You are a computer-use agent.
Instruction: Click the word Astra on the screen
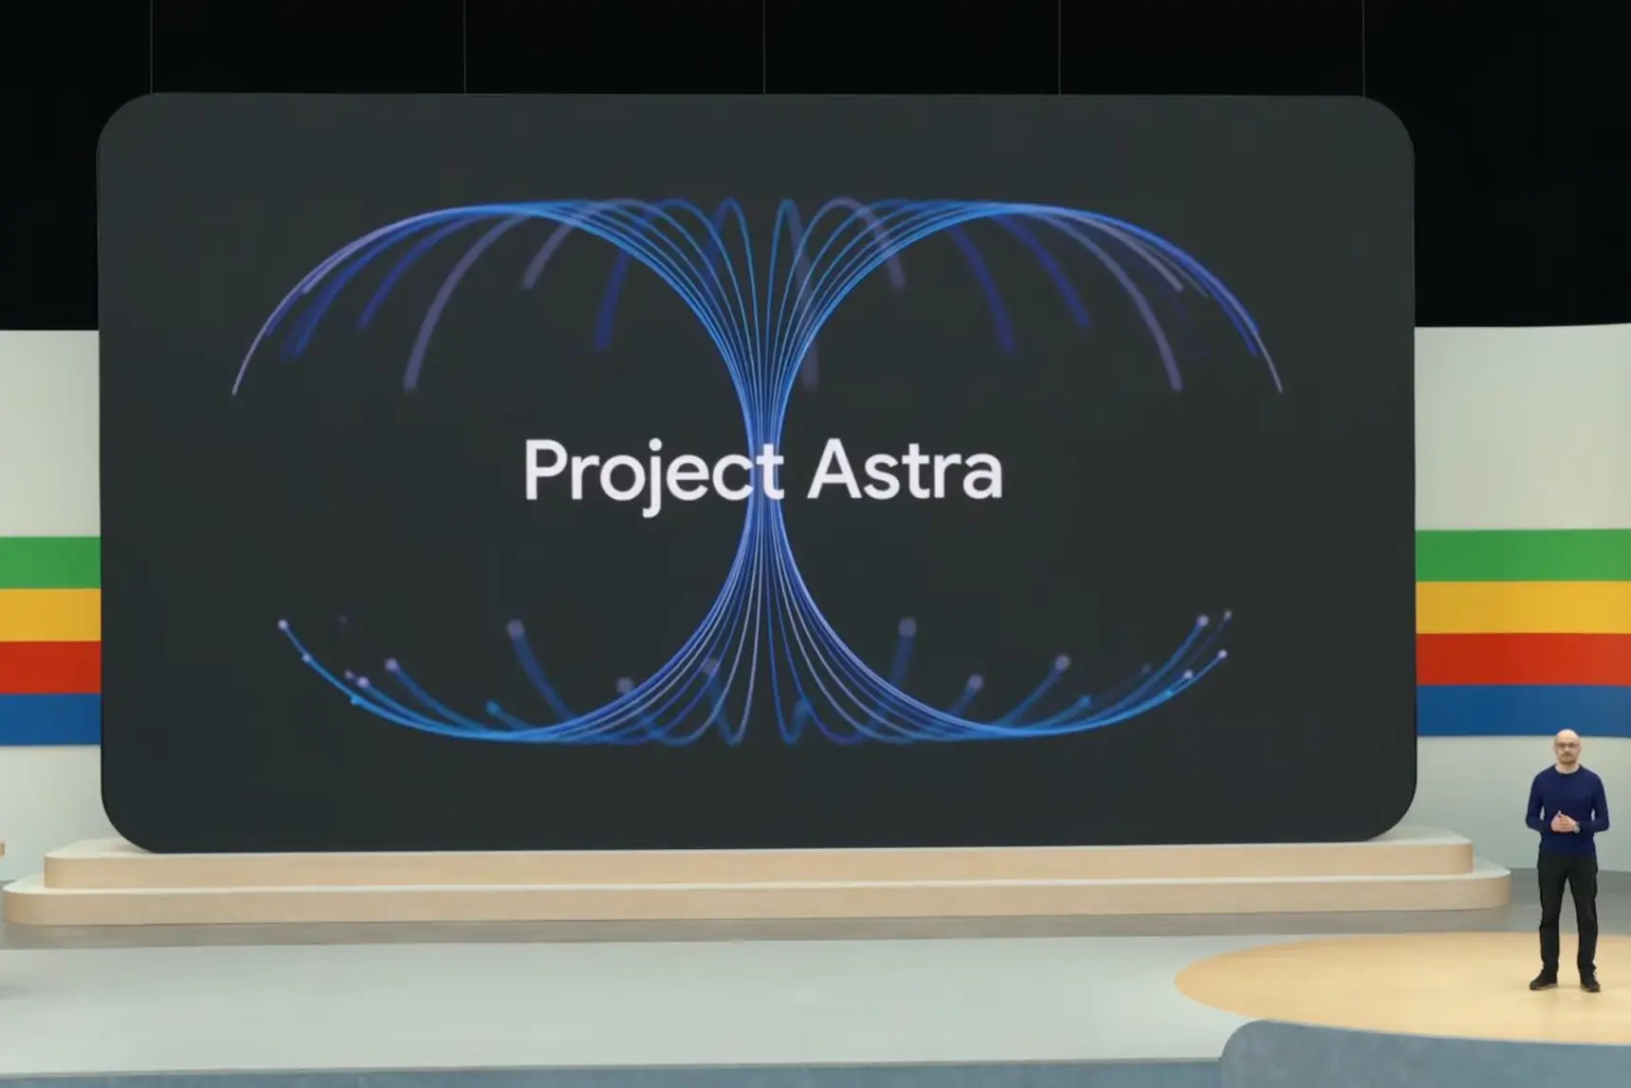click(x=905, y=470)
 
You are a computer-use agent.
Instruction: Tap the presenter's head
click(x=1566, y=747)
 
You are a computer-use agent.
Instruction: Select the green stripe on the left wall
click(x=50, y=562)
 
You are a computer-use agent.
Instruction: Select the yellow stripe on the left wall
click(x=50, y=615)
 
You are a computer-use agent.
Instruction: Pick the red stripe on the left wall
click(x=50, y=667)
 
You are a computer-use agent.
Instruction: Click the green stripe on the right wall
click(x=1523, y=556)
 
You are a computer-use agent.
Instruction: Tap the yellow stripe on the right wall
click(x=1523, y=608)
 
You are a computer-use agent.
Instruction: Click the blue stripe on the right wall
click(x=1523, y=710)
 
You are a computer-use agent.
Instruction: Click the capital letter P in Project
click(x=545, y=469)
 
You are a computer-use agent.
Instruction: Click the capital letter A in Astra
click(x=834, y=469)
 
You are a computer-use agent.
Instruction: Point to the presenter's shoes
click(x=1566, y=981)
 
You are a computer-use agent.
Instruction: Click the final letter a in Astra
click(x=983, y=478)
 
